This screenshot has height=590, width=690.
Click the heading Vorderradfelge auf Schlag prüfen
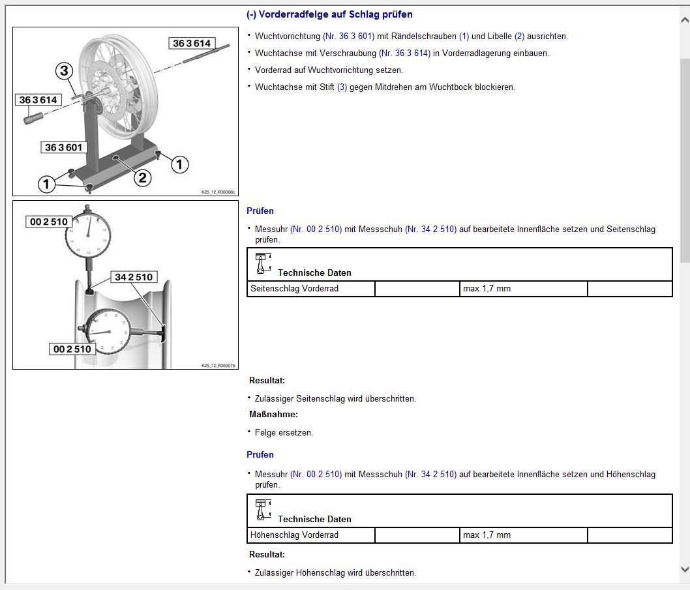[x=335, y=14]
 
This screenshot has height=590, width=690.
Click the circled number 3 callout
[x=65, y=70]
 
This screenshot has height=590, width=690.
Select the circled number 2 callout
[x=143, y=178]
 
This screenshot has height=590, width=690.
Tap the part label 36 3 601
[x=64, y=147]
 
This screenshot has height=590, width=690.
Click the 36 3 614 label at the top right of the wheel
[x=192, y=43]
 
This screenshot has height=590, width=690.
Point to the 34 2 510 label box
[x=134, y=276]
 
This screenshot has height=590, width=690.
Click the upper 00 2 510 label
[x=49, y=221]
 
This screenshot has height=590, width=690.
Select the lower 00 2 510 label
[x=72, y=349]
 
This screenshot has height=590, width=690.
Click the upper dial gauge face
[x=88, y=235]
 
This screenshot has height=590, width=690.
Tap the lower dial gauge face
[x=108, y=332]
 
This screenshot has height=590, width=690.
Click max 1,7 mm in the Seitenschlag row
[x=487, y=289]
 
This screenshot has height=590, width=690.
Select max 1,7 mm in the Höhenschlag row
[x=487, y=535]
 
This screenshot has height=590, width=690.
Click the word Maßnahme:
[x=273, y=415]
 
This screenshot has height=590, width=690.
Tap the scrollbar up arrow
[x=685, y=20]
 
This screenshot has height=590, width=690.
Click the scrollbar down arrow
[x=685, y=569]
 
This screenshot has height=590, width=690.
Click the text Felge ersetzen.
[x=284, y=432]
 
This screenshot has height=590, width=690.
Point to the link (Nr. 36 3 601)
[x=348, y=36]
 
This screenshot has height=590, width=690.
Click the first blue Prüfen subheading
[x=260, y=211]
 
